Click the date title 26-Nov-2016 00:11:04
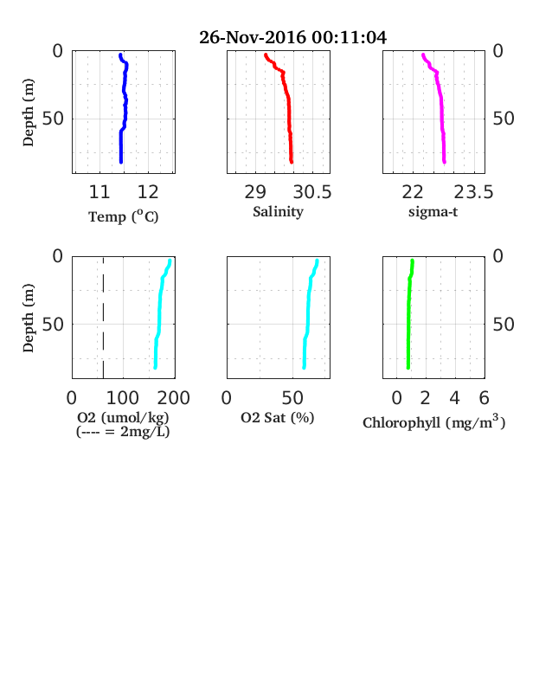click(292, 37)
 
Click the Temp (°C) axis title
click(124, 216)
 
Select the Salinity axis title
click(279, 212)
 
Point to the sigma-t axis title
click(433, 212)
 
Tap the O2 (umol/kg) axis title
click(123, 417)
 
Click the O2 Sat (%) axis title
click(278, 417)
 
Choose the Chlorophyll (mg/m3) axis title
click(433, 422)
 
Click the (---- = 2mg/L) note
click(123, 432)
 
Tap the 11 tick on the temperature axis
click(99, 192)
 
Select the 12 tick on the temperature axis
click(148, 192)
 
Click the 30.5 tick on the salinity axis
click(312, 192)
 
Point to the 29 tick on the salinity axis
click(255, 192)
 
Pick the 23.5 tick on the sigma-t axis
click(474, 192)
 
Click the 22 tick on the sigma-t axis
click(413, 192)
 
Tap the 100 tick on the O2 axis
click(123, 398)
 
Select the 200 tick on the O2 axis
click(173, 398)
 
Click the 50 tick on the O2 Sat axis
click(292, 398)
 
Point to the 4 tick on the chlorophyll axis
click(454, 398)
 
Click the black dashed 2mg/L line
click(103, 318)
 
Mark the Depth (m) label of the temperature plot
click(29, 113)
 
